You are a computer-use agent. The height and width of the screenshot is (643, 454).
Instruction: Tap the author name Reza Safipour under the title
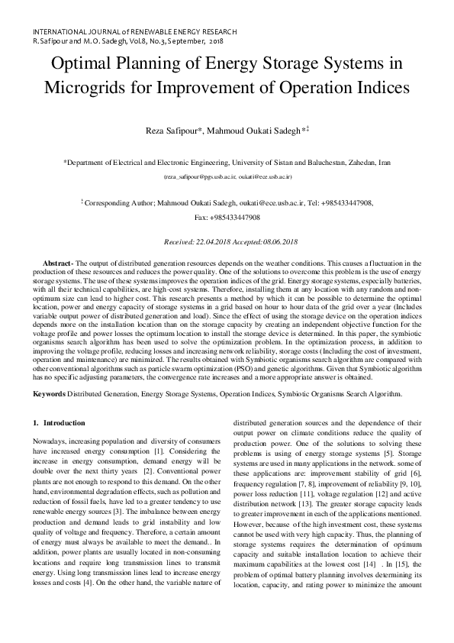point(171,131)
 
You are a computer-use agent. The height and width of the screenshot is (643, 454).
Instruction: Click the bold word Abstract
point(57,262)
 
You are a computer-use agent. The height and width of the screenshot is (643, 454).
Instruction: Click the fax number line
point(227,218)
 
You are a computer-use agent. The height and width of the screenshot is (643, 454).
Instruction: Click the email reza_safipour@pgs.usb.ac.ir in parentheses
point(200,176)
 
